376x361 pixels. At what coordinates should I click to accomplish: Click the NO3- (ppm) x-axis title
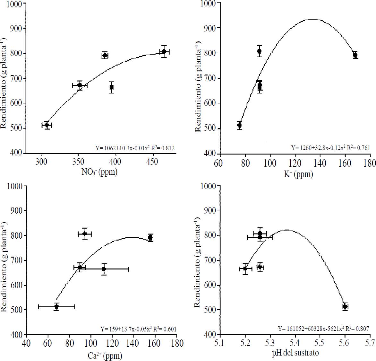[x=99, y=172]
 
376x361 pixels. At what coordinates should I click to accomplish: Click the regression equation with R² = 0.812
[x=135, y=148]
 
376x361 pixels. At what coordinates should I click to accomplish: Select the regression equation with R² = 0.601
[x=138, y=329]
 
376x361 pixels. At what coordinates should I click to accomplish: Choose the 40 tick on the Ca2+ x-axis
[x=26, y=344]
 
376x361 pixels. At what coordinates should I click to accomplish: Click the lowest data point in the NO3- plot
[x=47, y=125]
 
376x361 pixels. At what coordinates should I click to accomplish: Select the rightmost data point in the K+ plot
[x=355, y=55]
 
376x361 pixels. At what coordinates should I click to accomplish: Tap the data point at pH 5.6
[x=345, y=306]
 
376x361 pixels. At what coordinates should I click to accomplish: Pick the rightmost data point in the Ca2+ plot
[x=150, y=238]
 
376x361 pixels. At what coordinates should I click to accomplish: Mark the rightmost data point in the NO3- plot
[x=164, y=51]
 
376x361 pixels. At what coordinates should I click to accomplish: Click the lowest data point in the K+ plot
[x=239, y=125]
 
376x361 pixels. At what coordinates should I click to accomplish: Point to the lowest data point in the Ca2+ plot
[x=56, y=306]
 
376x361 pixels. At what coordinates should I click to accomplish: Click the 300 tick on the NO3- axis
[x=41, y=162]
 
